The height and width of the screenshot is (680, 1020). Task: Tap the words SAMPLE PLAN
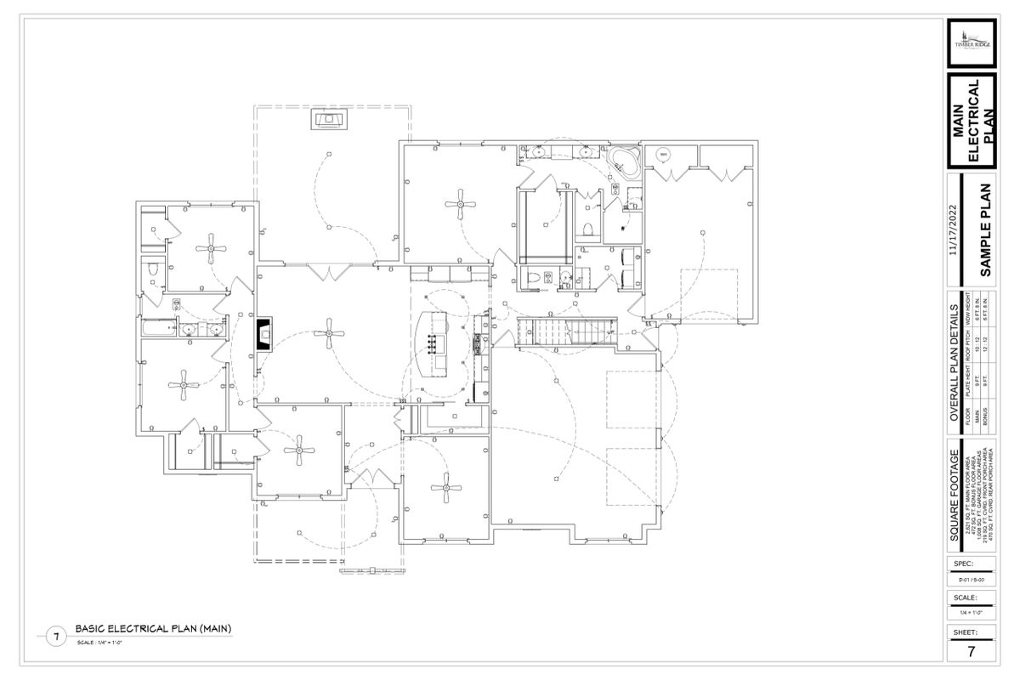[987, 230]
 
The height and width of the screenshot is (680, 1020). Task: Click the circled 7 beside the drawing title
[56, 636]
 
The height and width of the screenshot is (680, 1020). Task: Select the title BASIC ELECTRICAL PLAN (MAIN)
[153, 629]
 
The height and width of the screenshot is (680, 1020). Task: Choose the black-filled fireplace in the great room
[265, 335]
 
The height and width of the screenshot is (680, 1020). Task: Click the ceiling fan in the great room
[328, 335]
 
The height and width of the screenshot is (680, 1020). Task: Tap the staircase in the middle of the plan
[566, 331]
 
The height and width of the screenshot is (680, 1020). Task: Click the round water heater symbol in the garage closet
[663, 154]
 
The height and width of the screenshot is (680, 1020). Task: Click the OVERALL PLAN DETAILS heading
[954, 362]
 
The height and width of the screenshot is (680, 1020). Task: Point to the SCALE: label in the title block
[964, 598]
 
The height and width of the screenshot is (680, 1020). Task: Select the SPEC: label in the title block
[963, 564]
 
